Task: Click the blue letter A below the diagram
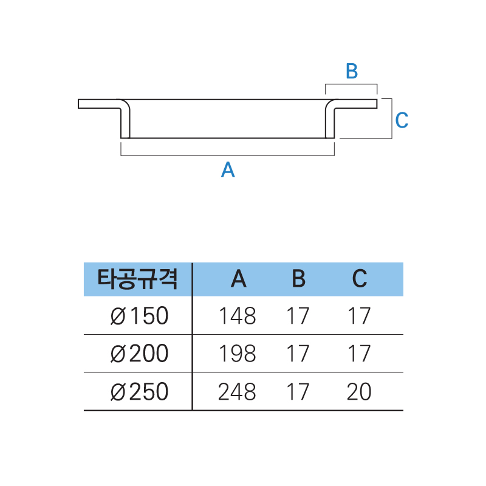click(228, 169)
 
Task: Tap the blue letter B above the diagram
click(352, 71)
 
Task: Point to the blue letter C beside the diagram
click(402, 120)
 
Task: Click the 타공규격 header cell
click(137, 279)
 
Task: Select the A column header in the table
click(239, 279)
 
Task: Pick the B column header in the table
click(298, 279)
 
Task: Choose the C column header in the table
click(360, 279)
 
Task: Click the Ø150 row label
click(140, 316)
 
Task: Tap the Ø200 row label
click(140, 354)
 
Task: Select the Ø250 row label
click(140, 391)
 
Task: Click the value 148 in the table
click(238, 316)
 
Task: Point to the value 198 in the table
click(238, 354)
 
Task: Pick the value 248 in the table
click(237, 391)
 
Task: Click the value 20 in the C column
click(359, 391)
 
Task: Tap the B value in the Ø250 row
click(298, 391)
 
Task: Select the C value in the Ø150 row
click(360, 316)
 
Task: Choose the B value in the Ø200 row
click(298, 354)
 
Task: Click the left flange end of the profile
click(78, 104)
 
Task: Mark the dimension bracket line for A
click(227, 156)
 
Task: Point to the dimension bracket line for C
click(392, 118)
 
